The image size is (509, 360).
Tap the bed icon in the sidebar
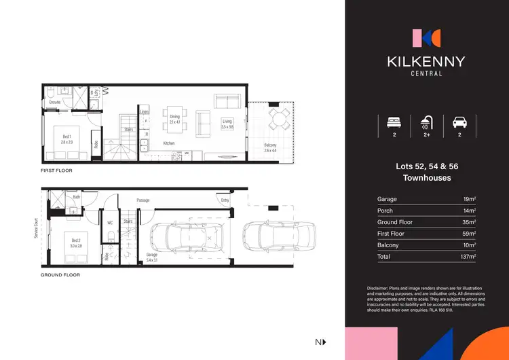click(393, 124)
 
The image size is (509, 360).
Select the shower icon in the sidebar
click(426, 124)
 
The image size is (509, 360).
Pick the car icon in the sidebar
click(459, 124)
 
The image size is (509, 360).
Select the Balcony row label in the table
click(388, 245)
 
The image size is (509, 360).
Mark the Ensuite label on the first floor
click(54, 102)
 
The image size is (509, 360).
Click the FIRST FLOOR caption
click(56, 170)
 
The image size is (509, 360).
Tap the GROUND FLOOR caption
click(60, 275)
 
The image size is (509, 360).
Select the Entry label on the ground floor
click(225, 200)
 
